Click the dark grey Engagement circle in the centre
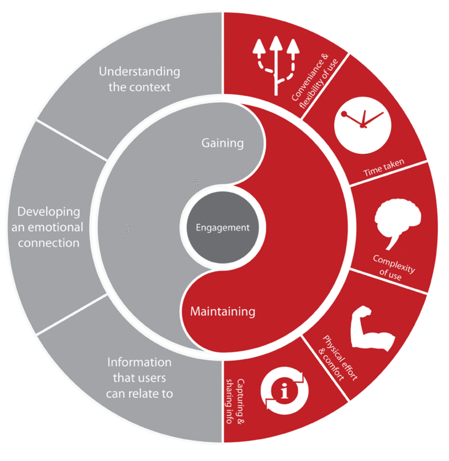(x=223, y=227)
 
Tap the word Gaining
(x=223, y=143)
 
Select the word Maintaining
(x=223, y=311)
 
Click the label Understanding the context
(x=140, y=79)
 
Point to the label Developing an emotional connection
(x=47, y=227)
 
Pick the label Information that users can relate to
(x=140, y=378)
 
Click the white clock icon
(x=363, y=125)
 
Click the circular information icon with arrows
(x=284, y=391)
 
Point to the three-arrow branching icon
(x=276, y=66)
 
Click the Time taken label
(x=384, y=168)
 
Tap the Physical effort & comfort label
(x=336, y=358)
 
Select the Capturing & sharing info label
(x=235, y=401)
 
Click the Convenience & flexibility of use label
(x=315, y=81)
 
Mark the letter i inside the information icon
(x=284, y=391)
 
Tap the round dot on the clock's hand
(x=344, y=114)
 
